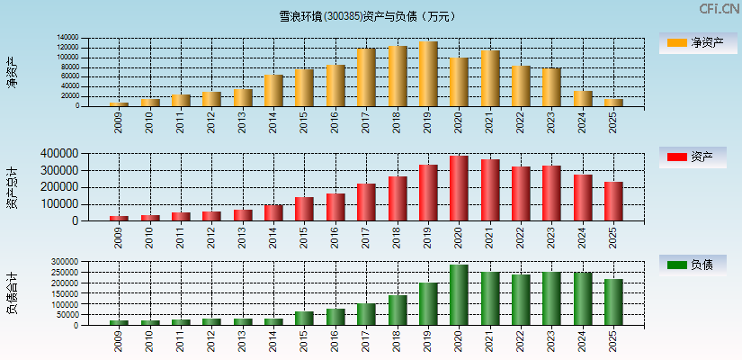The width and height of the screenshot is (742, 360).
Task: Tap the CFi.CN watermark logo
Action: tap(720, 9)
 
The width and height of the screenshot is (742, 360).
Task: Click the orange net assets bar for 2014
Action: tap(273, 90)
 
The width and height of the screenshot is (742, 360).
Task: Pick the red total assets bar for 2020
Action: tap(459, 188)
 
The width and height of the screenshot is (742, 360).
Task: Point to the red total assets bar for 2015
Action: tap(304, 209)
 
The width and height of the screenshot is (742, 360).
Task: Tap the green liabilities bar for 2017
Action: tap(366, 314)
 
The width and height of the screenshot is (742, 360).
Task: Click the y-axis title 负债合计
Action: tap(13, 292)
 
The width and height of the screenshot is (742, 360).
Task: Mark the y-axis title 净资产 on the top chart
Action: tap(13, 72)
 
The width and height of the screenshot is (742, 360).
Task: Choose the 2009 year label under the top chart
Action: tap(119, 121)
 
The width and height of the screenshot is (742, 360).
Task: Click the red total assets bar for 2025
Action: tap(613, 201)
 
